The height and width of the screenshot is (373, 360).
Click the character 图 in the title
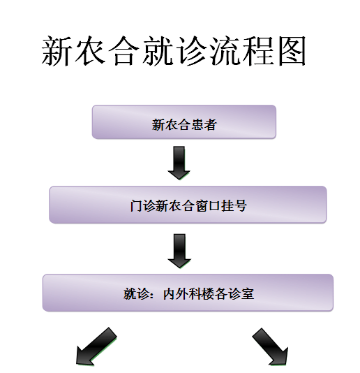(x=292, y=51)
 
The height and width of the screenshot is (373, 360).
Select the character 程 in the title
(x=259, y=51)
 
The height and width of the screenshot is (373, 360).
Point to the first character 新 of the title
(x=56, y=51)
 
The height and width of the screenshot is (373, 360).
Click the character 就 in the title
(x=157, y=51)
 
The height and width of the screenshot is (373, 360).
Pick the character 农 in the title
(x=90, y=51)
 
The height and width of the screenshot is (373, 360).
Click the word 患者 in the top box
(x=204, y=124)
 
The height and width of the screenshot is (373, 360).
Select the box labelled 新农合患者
(x=184, y=122)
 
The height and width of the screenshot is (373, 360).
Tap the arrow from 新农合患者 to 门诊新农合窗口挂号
(x=179, y=163)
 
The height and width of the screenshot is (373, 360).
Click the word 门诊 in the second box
(x=142, y=205)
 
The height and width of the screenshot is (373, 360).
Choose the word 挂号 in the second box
(x=234, y=205)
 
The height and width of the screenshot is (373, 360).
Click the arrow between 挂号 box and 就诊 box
(x=179, y=251)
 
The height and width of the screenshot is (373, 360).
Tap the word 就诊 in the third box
(x=136, y=293)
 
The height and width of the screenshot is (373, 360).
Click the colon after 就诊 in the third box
(x=153, y=295)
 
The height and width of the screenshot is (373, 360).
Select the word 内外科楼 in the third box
(x=189, y=293)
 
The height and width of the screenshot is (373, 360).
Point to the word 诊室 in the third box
(x=241, y=293)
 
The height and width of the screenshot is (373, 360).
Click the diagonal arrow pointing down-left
(x=96, y=346)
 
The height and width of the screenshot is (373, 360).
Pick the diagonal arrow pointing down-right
(x=270, y=346)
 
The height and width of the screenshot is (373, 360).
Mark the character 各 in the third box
(x=221, y=293)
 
